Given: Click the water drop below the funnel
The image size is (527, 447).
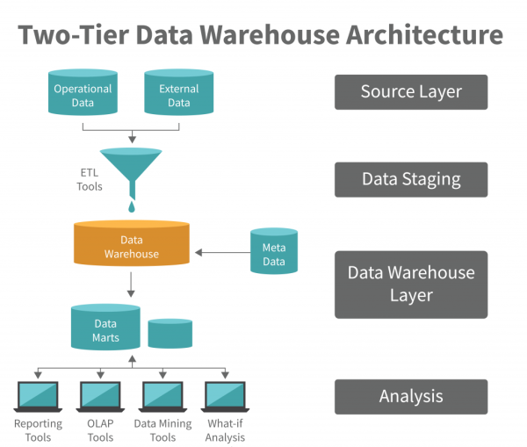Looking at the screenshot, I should pos(131,205).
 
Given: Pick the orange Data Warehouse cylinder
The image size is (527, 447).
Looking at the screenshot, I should pos(131,243).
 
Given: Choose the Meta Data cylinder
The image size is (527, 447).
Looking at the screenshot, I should pos(273,253).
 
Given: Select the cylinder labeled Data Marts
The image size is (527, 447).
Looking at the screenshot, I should pos(105,328).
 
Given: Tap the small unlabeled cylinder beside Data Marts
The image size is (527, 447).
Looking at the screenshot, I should pos(170,333).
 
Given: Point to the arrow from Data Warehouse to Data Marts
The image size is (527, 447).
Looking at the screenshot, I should pos(131,284).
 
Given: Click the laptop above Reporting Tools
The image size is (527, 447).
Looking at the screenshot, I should pos(37,396).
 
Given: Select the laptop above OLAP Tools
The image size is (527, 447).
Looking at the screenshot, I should pos(99,396).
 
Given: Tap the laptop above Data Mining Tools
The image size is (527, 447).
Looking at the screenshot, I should pos(162,396).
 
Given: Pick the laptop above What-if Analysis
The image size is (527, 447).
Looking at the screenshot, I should pos(224,396).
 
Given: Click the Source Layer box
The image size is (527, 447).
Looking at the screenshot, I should pos(410,91).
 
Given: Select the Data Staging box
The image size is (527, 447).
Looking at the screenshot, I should pos(410,179).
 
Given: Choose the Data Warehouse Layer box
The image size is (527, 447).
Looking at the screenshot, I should pos(410,284).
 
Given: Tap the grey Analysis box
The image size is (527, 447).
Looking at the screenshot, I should pos(410,396).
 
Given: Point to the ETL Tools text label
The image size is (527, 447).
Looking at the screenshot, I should pos(89,179).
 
